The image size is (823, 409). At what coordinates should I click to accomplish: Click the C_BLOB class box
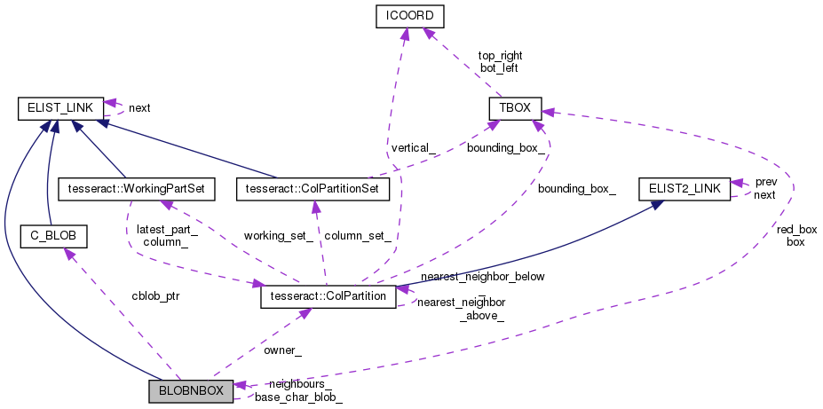coord(52,236)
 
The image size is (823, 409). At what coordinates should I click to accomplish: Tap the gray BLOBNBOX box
coord(191,390)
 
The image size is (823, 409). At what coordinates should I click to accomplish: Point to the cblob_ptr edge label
coord(154,295)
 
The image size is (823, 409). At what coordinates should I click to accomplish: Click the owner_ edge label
coord(282,350)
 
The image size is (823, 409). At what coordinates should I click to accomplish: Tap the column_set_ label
coord(358,235)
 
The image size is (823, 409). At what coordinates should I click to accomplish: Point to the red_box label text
coord(795,228)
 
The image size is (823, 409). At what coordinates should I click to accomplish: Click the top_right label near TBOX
coord(499,55)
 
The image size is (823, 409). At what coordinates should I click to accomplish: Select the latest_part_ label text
coord(166,229)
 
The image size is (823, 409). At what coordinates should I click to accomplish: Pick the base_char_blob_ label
coord(298,397)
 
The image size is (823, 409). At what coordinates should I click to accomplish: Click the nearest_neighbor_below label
coord(482,276)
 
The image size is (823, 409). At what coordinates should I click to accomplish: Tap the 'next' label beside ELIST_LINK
coord(139,108)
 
